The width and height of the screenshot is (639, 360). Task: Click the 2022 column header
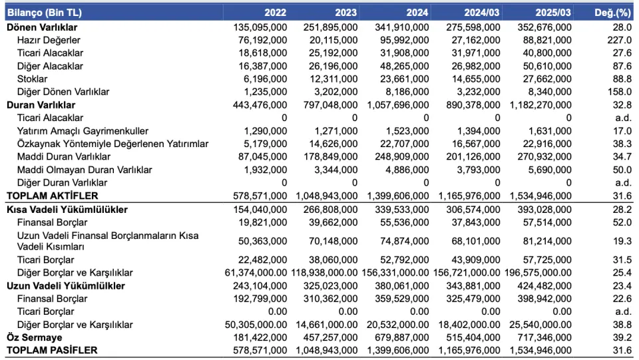pos(275,13)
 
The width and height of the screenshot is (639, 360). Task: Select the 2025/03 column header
pos(553,13)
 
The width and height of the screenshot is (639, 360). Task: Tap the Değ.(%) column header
pos(612,13)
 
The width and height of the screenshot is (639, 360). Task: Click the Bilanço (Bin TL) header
pos(45,13)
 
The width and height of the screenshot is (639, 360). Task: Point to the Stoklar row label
pos(32,79)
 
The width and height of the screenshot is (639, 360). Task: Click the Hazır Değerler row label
pos(49,41)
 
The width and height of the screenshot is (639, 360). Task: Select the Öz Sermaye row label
pos(34,337)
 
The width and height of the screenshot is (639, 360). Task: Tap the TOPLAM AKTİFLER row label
pos(53,196)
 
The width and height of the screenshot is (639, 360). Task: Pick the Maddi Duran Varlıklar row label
pos(64,157)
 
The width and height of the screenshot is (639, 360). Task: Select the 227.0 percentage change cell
pos(619,41)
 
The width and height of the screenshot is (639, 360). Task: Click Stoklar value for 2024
pos(404,79)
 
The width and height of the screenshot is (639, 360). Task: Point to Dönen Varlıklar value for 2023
pos(331,27)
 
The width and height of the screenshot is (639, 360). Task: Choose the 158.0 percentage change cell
pos(620,92)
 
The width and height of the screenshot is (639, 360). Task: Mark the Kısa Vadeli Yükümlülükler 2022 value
pos(260,210)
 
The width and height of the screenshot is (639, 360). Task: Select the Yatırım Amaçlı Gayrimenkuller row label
pos(83,131)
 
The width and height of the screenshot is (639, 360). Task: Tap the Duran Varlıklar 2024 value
pos(398,105)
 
